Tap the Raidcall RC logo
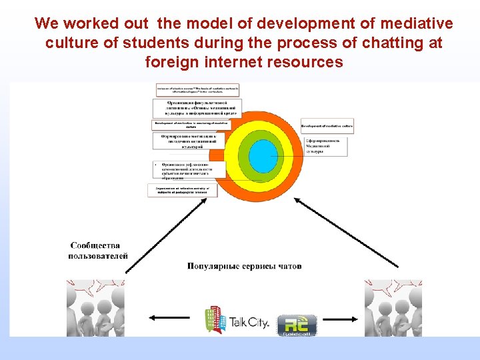(x=297, y=325)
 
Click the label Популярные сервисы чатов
(x=245, y=266)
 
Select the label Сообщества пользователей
(x=98, y=251)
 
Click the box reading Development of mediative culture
(x=327, y=125)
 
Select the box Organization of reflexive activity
(x=182, y=191)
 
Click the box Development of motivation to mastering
(x=191, y=125)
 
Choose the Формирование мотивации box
(x=189, y=140)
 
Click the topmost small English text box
(x=197, y=89)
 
